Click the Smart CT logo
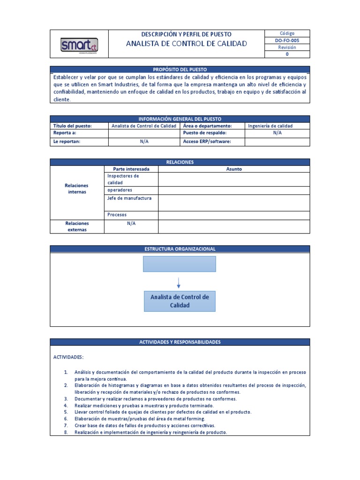[79, 45]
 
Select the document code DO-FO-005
[287, 41]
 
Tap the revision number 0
[287, 54]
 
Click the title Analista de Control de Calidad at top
[186, 44]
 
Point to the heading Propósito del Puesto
[180, 69]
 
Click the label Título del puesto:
[73, 126]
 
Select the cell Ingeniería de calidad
[270, 126]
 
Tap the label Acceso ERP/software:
[207, 142]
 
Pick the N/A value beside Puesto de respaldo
[277, 133]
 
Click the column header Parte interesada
[131, 169]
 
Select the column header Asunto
[234, 169]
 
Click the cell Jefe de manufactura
[129, 198]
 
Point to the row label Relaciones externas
[77, 226]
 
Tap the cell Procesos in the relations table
[117, 215]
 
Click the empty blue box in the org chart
[179, 264]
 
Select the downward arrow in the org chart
[179, 283]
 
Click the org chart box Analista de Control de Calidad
[179, 301]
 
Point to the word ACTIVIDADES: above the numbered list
[68, 357]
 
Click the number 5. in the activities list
[66, 412]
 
